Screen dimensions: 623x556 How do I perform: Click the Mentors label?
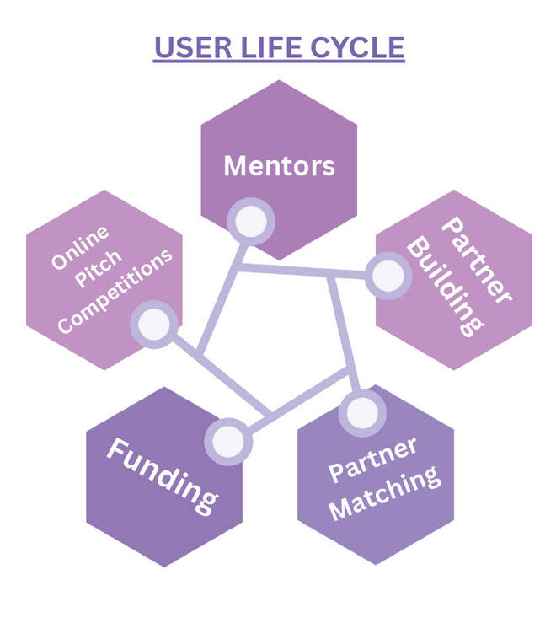coord(279,166)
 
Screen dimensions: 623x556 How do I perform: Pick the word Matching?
coord(387,492)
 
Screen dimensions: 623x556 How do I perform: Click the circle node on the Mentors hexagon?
coord(250,222)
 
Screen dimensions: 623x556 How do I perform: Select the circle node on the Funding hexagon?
coord(227,440)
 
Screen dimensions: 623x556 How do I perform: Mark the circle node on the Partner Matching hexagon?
coord(363,412)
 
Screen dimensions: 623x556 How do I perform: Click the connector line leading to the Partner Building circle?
coord(303,271)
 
